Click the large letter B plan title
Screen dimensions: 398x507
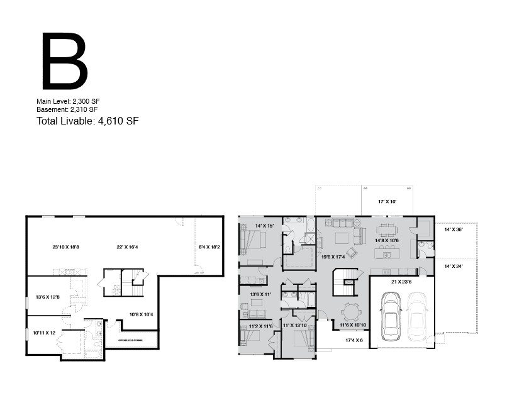(x=64, y=62)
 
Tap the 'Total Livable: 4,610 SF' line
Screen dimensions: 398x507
(x=87, y=121)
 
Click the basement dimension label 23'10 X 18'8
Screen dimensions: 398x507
(x=66, y=247)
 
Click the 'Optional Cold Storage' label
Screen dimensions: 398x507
(x=131, y=341)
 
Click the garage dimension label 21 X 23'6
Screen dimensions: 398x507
(x=402, y=282)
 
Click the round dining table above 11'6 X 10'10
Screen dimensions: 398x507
(x=350, y=311)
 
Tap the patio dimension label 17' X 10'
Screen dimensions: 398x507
(x=387, y=202)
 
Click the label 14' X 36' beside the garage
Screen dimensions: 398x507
(x=454, y=230)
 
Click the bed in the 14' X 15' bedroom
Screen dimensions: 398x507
(x=254, y=240)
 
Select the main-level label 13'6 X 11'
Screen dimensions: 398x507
(x=260, y=294)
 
